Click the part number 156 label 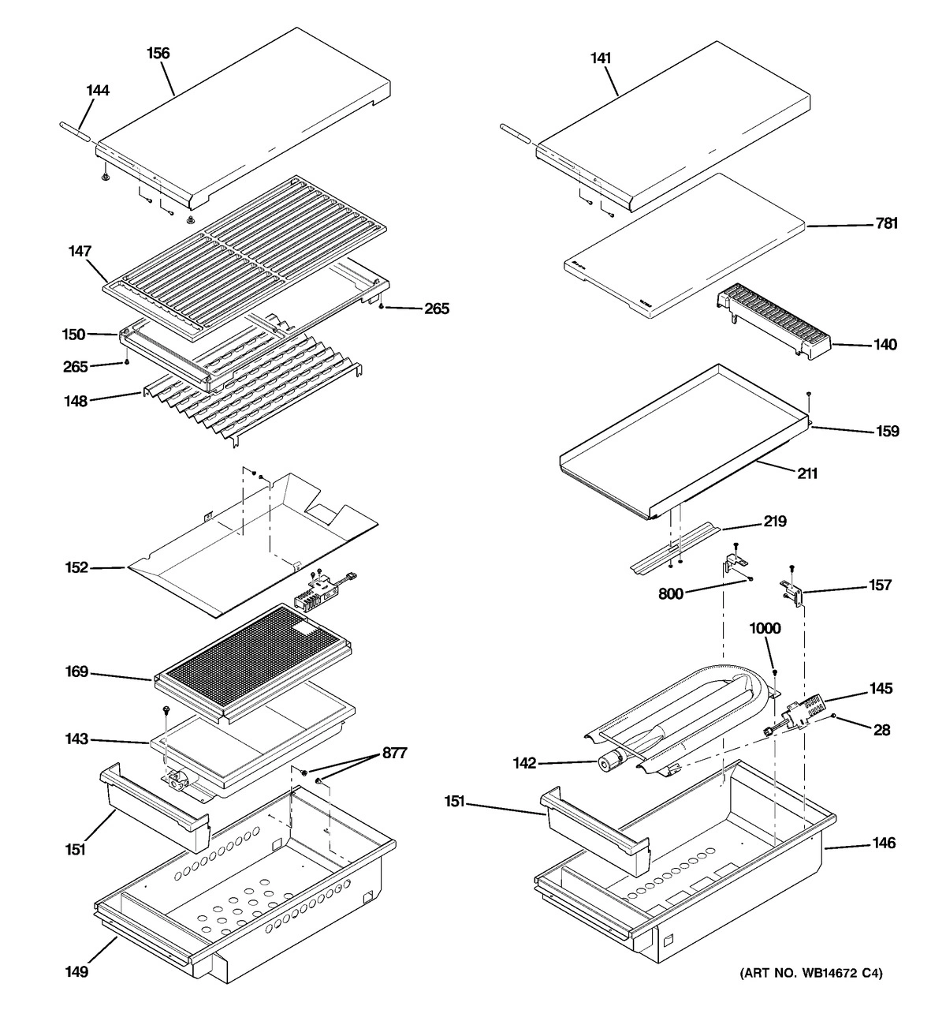point(158,54)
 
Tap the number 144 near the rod point(98,91)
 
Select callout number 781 point(886,224)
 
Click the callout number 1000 point(765,629)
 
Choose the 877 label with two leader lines point(394,754)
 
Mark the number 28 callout point(881,731)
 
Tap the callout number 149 point(76,971)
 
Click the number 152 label point(77,567)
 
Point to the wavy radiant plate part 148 point(252,395)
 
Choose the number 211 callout point(806,474)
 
